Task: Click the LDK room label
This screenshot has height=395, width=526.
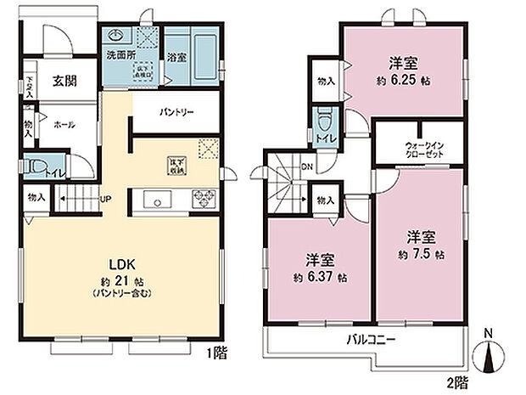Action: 116,262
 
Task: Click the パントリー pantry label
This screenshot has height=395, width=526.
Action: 176,112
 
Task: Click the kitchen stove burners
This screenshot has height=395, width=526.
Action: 203,200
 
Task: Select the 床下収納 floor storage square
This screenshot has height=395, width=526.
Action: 176,165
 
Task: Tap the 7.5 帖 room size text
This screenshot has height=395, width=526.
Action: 422,255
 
